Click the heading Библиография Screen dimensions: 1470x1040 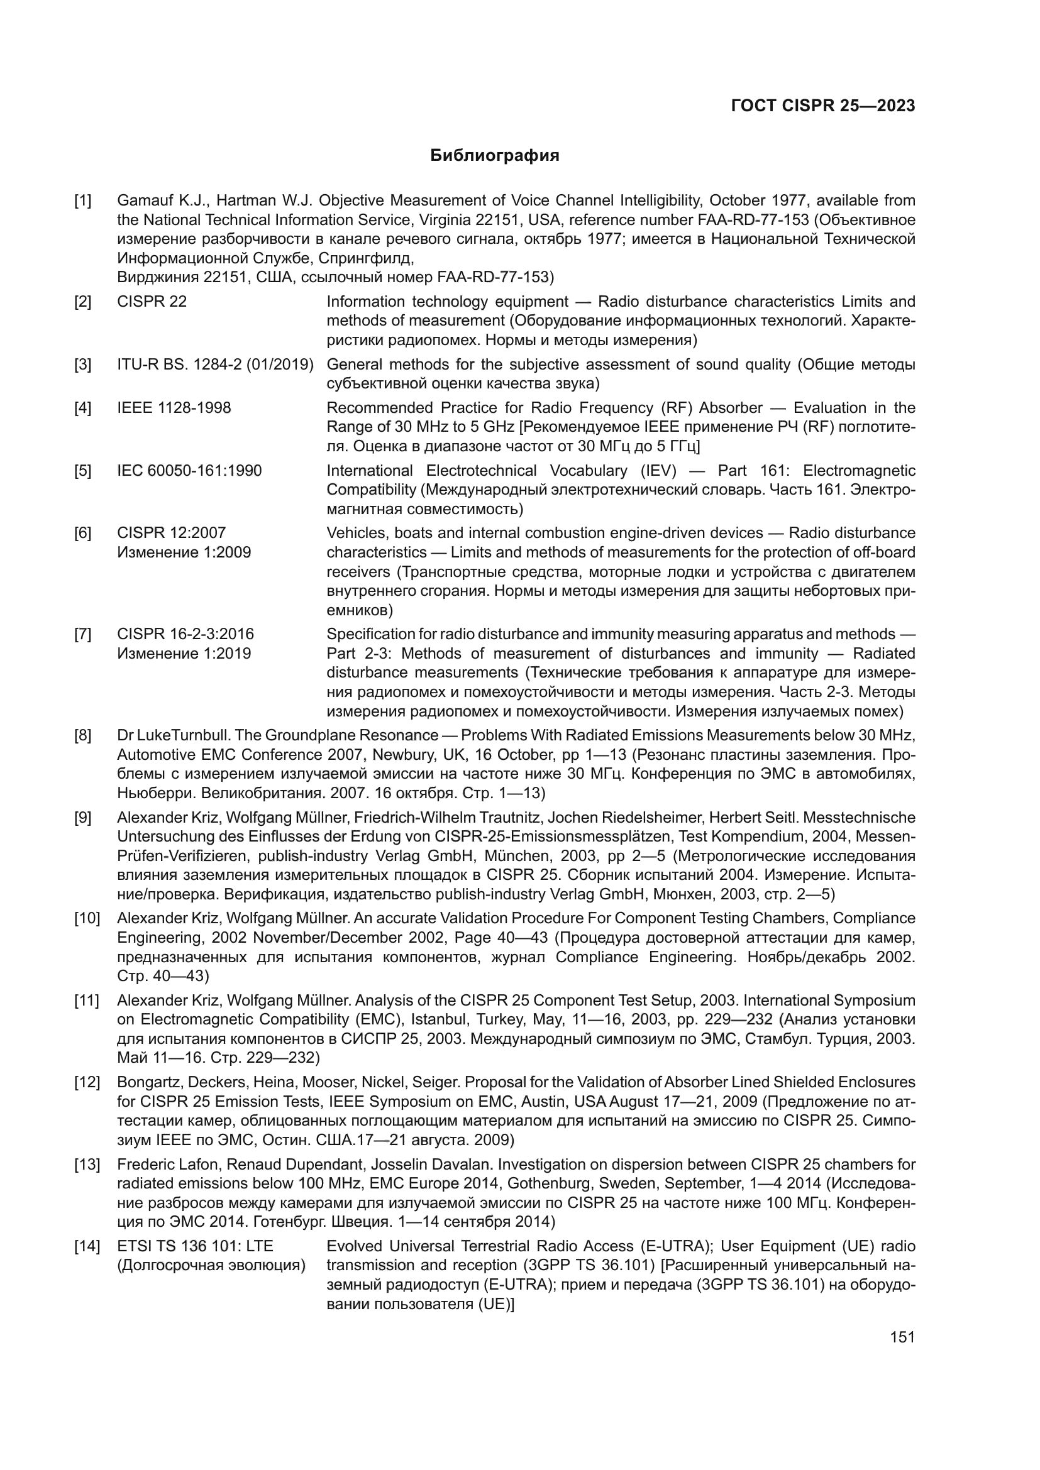[x=494, y=156]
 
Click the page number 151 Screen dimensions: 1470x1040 [x=902, y=1337]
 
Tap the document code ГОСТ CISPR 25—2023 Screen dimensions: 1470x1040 [x=823, y=106]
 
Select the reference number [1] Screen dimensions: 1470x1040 [x=82, y=201]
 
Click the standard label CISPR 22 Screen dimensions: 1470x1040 [x=152, y=302]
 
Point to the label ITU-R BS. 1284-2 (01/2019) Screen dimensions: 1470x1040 [x=215, y=365]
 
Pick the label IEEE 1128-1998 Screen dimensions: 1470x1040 [x=174, y=408]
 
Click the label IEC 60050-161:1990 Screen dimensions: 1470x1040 [x=189, y=471]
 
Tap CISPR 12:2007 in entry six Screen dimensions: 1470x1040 [x=172, y=534]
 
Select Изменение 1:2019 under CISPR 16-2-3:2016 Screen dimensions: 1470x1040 [x=184, y=654]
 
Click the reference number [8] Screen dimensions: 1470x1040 [x=82, y=735]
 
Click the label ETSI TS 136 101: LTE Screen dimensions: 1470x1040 [x=196, y=1246]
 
